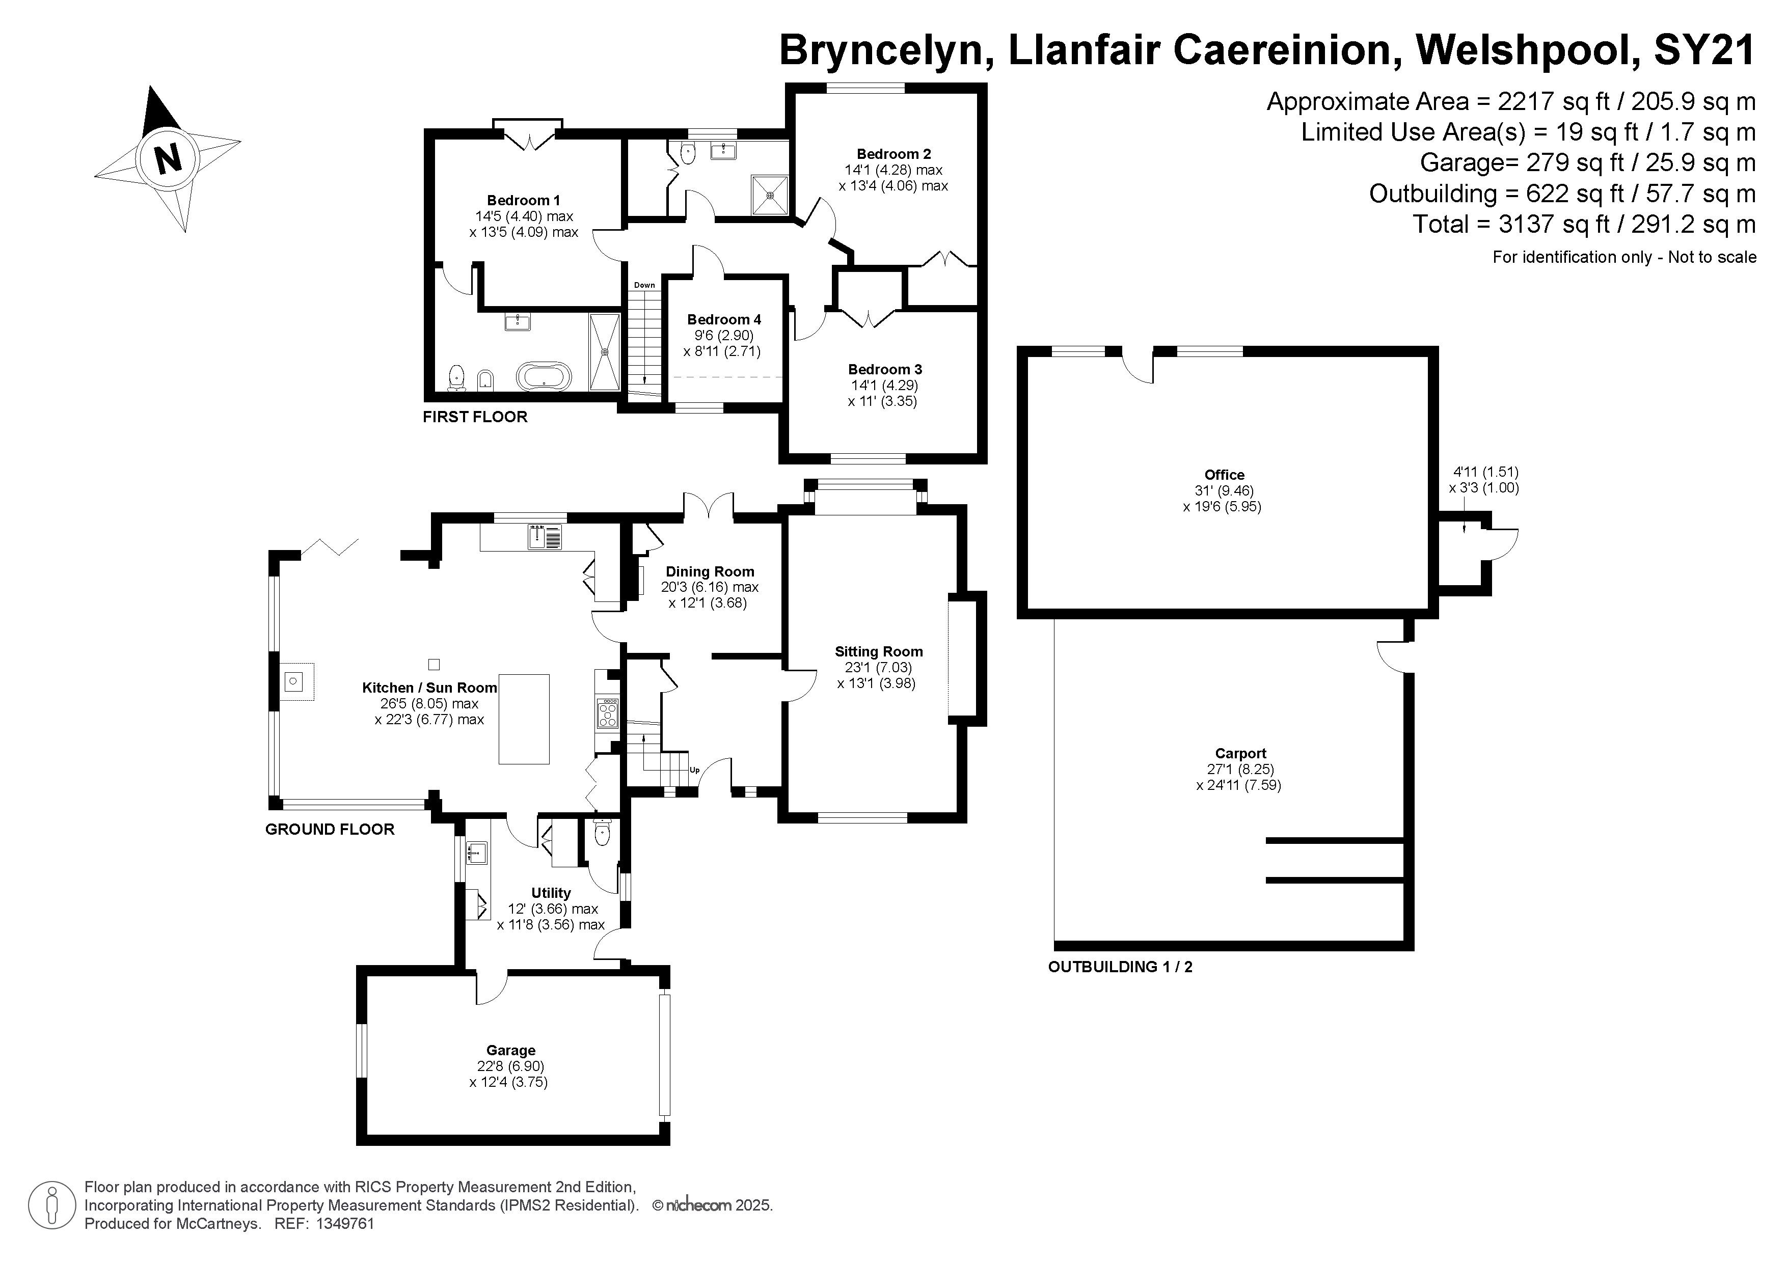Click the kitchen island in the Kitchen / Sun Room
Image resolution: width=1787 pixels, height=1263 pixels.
(x=524, y=719)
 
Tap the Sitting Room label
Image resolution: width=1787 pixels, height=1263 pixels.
(x=879, y=652)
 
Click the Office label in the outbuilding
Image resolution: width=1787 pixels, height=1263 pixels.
(x=1224, y=475)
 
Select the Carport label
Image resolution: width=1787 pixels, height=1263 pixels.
(x=1240, y=753)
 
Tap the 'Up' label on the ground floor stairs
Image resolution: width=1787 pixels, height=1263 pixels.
(x=694, y=771)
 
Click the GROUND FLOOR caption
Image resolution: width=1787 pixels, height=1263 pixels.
(x=330, y=830)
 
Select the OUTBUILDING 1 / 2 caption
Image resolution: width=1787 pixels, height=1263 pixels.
(x=1120, y=967)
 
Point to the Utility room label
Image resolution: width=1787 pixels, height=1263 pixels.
(x=551, y=893)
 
